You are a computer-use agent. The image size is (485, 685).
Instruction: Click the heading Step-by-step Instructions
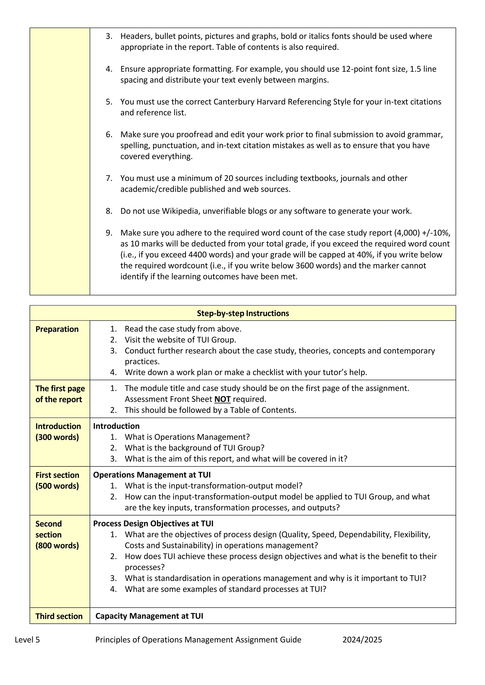(x=243, y=313)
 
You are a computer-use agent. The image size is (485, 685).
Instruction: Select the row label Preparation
(x=57, y=329)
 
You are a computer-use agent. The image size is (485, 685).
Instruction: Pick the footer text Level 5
(x=27, y=640)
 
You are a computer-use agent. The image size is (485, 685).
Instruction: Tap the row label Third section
(x=59, y=616)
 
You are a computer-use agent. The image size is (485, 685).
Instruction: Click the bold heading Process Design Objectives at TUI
(x=153, y=524)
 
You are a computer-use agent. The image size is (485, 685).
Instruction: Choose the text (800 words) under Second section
(x=57, y=546)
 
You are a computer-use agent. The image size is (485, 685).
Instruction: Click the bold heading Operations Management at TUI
(x=152, y=475)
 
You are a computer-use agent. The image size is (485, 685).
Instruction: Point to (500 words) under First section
(x=57, y=486)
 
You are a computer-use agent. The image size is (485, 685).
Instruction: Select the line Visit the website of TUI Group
(x=180, y=340)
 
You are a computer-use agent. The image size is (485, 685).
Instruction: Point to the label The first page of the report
(x=60, y=394)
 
